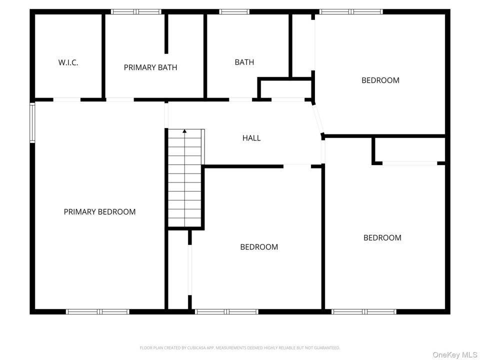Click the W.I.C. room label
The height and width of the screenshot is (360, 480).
click(x=68, y=63)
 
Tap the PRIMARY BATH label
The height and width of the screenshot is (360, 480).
click(x=150, y=67)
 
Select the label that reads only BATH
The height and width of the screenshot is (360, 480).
click(x=244, y=62)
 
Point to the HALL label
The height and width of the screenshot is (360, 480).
click(x=251, y=138)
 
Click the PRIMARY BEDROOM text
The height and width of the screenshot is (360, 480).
click(x=99, y=212)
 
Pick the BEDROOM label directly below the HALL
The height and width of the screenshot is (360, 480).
click(x=259, y=247)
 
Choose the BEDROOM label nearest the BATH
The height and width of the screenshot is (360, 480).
click(x=380, y=80)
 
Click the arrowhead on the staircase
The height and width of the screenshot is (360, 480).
click(x=184, y=131)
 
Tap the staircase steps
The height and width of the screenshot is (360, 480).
click(x=184, y=178)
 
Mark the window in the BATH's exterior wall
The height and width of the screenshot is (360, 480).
click(x=234, y=11)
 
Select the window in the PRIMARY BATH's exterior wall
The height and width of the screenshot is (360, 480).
click(x=136, y=11)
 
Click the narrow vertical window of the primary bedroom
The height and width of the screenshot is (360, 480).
click(x=32, y=122)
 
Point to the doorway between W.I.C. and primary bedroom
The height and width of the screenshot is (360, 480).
click(x=67, y=100)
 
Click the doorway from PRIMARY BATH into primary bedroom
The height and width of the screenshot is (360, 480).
click(x=120, y=100)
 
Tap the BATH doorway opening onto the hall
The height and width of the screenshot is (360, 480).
click(x=240, y=100)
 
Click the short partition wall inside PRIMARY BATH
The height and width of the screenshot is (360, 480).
click(x=166, y=33)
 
